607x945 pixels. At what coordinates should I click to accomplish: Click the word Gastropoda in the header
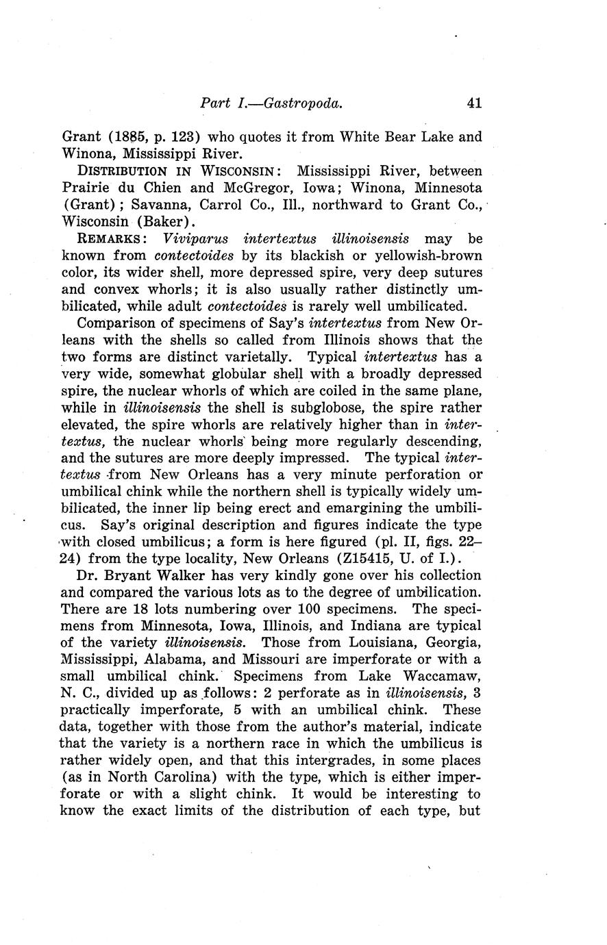click(x=303, y=103)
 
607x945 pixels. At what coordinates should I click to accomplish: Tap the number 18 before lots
click(x=130, y=609)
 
